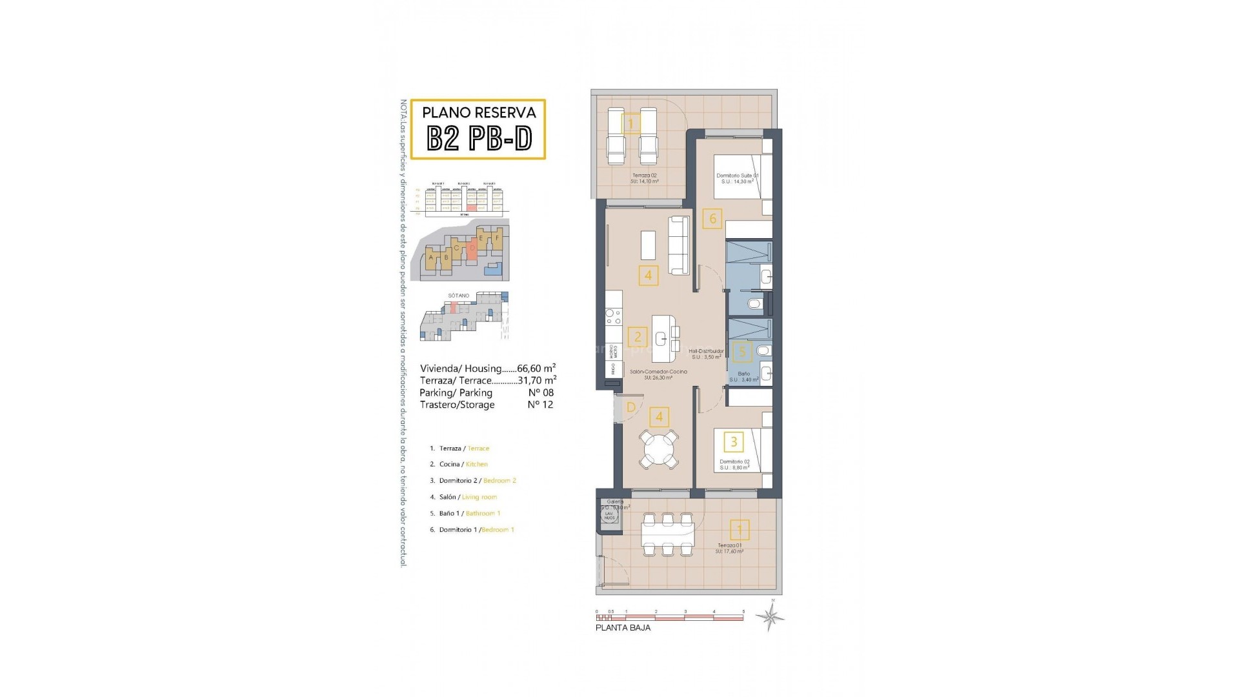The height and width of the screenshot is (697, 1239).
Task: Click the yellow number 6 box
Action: [712, 218]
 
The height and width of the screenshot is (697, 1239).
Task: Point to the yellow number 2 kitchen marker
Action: [638, 336]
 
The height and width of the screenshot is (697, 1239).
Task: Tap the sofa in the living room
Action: [679, 245]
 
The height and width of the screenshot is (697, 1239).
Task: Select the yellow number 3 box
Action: [734, 442]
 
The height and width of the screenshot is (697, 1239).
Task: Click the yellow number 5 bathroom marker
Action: [742, 352]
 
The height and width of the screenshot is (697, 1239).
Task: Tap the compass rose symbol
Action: [771, 617]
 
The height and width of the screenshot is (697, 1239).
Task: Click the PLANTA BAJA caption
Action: [623, 628]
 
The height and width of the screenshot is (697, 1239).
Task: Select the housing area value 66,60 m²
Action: [537, 369]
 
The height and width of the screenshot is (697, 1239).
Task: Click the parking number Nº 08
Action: [540, 392]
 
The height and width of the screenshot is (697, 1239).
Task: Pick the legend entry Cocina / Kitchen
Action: [463, 464]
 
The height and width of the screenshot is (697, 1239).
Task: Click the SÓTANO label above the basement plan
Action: [459, 296]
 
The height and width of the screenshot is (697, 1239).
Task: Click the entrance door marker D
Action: [631, 407]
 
